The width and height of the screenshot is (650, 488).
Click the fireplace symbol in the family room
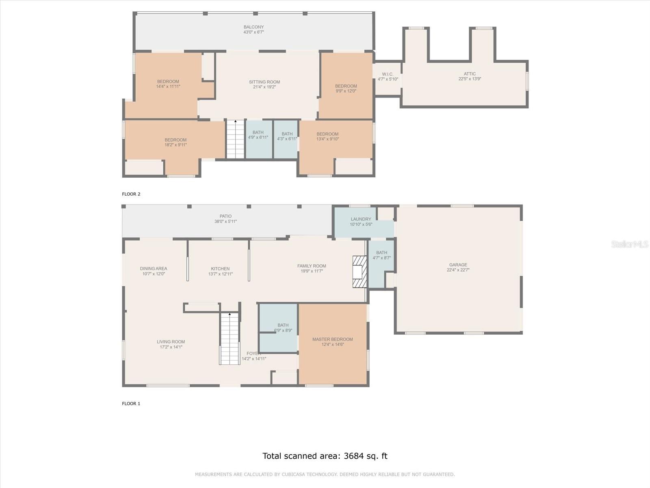[360, 271]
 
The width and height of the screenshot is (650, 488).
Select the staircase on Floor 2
[235, 139]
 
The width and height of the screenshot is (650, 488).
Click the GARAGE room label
[458, 265]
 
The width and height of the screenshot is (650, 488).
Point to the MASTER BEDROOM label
[332, 339]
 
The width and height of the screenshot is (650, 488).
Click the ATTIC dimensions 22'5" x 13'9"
[469, 79]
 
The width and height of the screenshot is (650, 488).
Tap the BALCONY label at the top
[253, 27]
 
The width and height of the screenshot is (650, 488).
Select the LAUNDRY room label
[361, 219]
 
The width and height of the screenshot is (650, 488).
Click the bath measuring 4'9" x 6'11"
[258, 135]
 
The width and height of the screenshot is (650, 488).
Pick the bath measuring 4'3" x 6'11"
[287, 136]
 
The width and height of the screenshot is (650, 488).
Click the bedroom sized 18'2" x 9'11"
[175, 142]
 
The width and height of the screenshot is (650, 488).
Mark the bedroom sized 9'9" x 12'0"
[346, 89]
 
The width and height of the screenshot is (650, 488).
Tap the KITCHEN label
[220, 269]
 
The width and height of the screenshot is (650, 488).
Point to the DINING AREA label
[153, 268]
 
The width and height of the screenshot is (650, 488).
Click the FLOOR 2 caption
[131, 194]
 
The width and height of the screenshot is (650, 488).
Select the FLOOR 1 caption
[131, 403]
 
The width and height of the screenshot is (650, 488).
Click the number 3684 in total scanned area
[353, 456]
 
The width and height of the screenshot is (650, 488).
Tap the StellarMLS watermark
[629, 244]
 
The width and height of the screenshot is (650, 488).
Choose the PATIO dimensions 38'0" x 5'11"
[225, 222]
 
